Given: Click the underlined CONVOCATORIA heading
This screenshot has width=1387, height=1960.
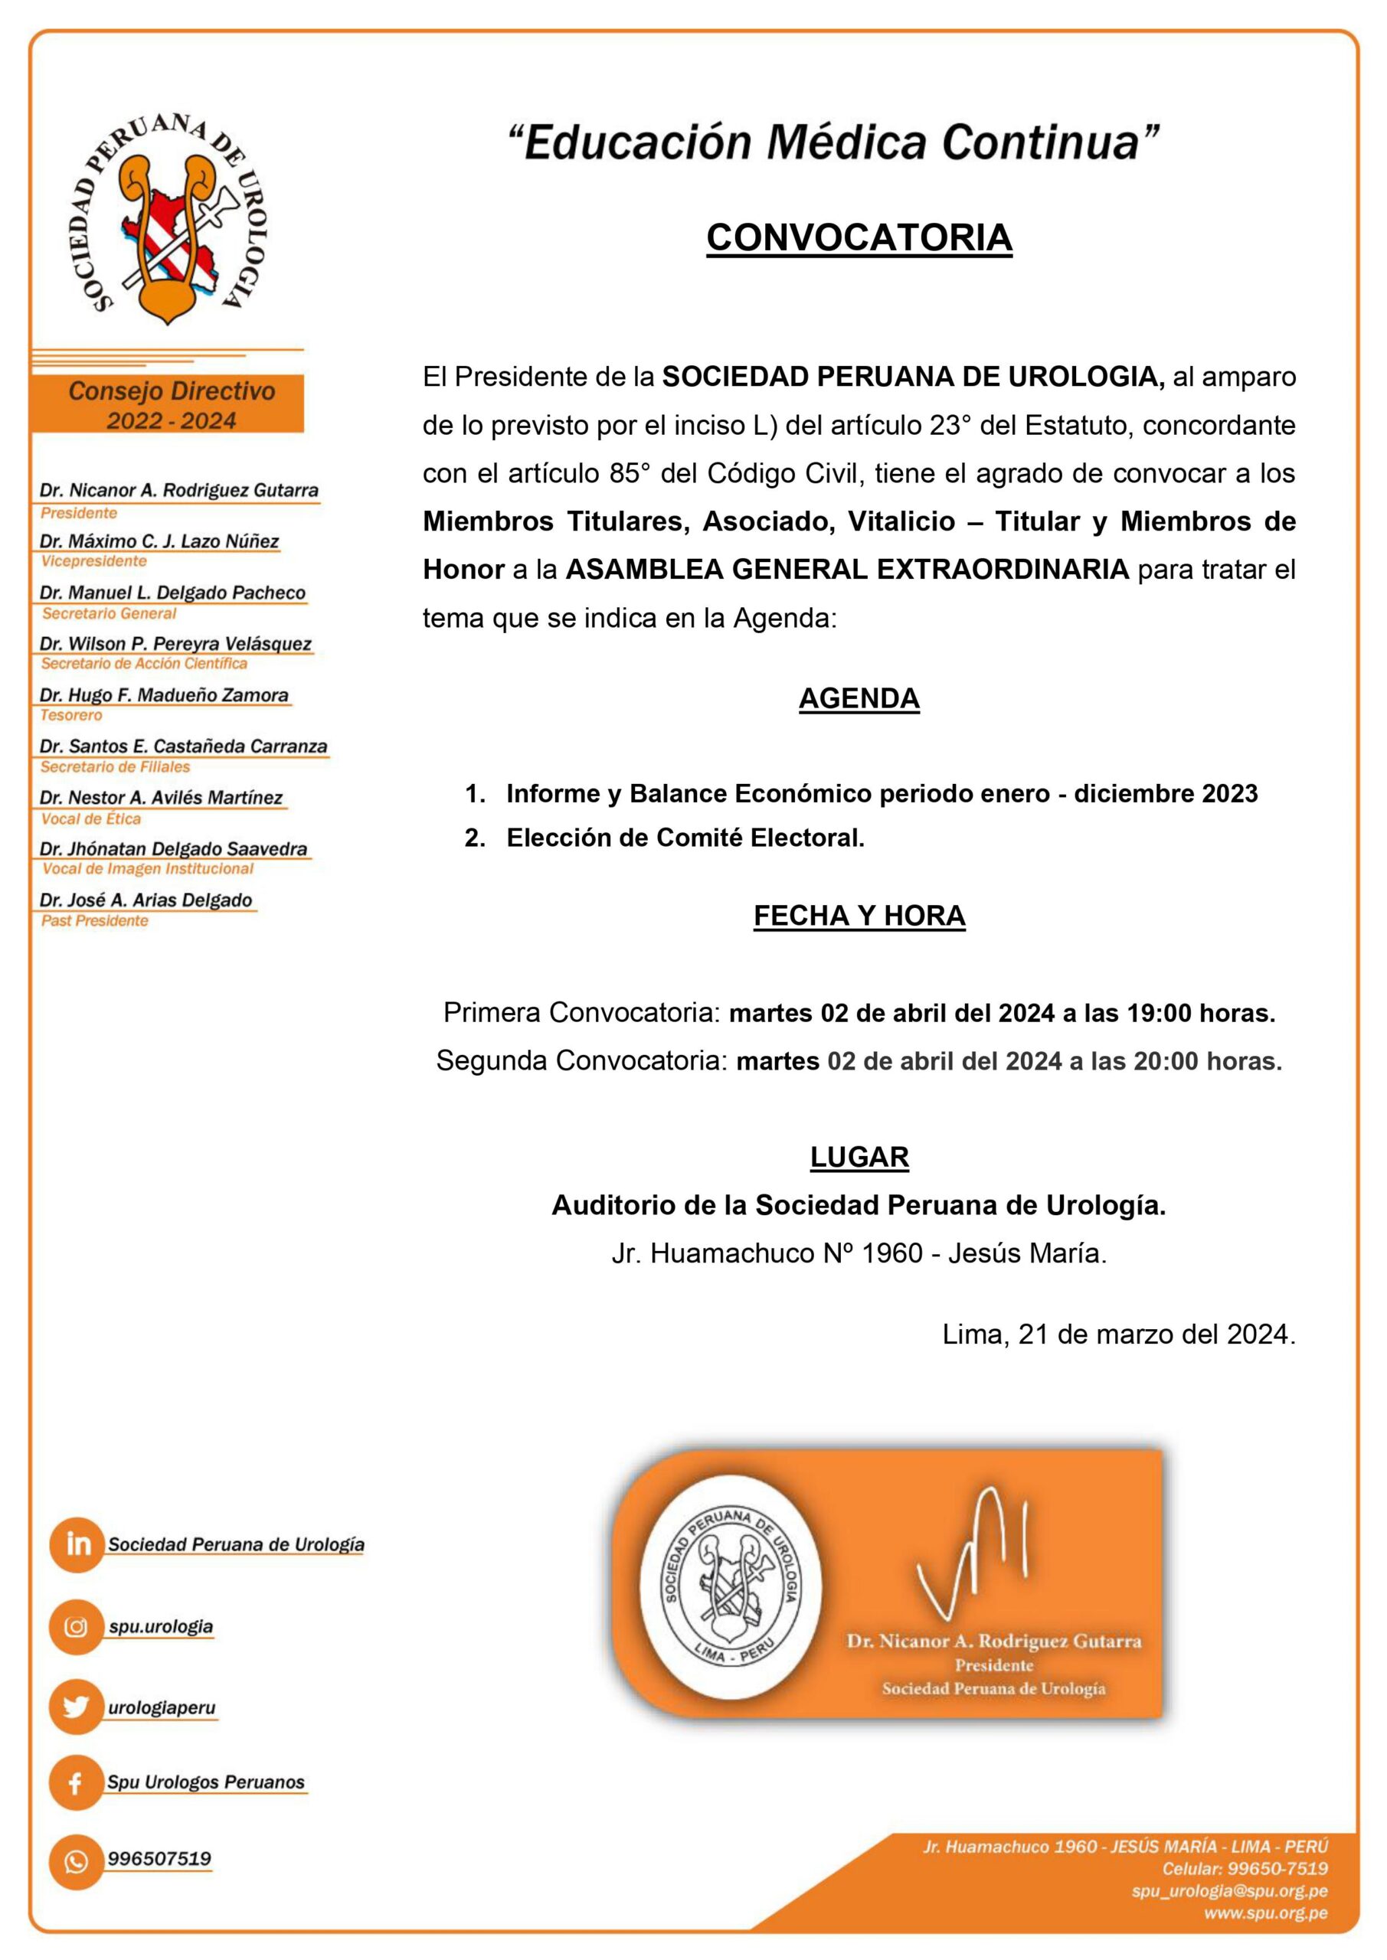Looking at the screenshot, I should (859, 237).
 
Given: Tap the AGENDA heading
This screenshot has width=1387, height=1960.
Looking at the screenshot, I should (859, 698).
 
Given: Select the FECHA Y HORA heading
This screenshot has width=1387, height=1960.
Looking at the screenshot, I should (859, 915).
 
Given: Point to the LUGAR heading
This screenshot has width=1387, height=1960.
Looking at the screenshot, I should (859, 1157).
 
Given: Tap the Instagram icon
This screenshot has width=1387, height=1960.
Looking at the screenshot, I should (77, 1626).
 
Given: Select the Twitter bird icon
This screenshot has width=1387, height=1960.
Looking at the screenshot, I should (77, 1707).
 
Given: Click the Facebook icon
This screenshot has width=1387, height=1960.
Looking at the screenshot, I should (77, 1782).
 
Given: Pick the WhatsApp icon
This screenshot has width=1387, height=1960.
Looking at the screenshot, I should (77, 1861).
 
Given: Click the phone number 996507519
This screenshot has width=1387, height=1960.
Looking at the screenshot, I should (159, 1858).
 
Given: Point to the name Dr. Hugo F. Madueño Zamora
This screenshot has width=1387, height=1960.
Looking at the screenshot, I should (164, 695).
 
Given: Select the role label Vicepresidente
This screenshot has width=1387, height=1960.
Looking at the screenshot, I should (94, 561).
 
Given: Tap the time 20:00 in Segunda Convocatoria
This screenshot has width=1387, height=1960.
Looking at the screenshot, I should (1166, 1061).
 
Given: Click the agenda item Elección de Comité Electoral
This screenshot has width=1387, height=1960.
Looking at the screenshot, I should (685, 838).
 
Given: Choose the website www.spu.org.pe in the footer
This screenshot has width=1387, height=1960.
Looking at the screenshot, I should (1266, 1913).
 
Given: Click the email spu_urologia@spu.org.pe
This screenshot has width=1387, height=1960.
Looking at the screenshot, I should (1229, 1891).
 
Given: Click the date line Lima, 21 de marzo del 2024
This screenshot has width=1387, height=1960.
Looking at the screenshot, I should (1118, 1334).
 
